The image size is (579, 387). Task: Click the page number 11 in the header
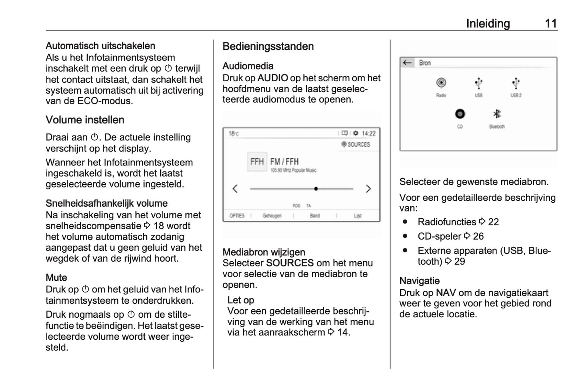pos(551,24)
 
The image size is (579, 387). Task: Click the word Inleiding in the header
pos(488,24)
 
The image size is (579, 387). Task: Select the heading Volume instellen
pos(85,120)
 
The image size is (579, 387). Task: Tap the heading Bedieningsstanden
pos(268,46)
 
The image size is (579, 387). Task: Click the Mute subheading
pos(56,278)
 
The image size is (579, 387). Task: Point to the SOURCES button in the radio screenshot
pos(356,144)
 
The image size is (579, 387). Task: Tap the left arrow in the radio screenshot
pos(235,189)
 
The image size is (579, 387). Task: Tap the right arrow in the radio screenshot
pos(368,189)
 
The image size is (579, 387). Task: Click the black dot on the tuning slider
pos(316,189)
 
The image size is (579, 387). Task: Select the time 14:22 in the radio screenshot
pos(369,133)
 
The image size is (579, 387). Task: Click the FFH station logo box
pos(257,162)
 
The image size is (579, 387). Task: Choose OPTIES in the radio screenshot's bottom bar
pos(237,216)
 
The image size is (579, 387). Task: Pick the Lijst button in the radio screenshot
pos(357,216)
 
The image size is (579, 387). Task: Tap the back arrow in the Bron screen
pos(408,63)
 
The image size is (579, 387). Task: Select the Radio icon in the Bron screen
pos(441,83)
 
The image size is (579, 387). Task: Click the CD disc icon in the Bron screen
pos(460,114)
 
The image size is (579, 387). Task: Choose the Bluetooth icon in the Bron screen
pos(497,114)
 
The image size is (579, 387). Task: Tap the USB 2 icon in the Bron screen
pos(516,83)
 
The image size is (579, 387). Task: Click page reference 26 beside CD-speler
pos(478,236)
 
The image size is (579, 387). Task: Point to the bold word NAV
pos(446,293)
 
